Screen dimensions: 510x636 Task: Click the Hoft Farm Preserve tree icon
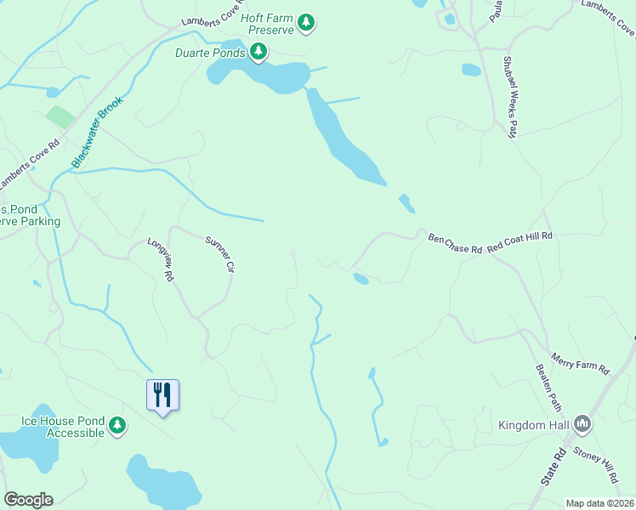(306, 24)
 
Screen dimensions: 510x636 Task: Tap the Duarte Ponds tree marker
(258, 53)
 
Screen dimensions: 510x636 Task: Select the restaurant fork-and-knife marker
(162, 395)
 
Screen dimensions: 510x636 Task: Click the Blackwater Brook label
(98, 132)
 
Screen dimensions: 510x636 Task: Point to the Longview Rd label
(161, 258)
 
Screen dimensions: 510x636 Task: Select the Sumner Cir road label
(219, 254)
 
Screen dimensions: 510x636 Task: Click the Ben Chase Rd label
(455, 243)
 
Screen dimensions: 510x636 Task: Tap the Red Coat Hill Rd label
(520, 241)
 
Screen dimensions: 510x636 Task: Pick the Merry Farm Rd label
(581, 364)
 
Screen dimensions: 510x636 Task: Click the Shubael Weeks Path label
(510, 95)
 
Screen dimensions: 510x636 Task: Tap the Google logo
(28, 500)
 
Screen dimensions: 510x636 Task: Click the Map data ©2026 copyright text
(599, 503)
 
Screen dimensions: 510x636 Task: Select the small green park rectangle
(60, 117)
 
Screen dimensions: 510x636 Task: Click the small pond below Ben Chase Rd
(361, 279)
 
